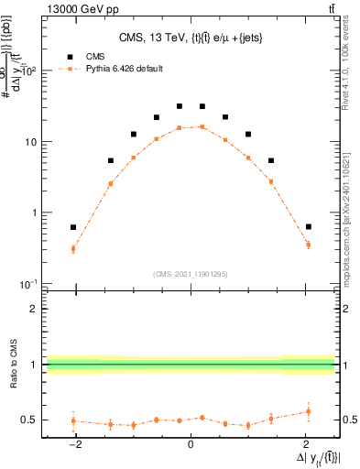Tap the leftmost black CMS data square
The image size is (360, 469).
tap(73, 227)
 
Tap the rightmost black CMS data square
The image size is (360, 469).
tap(309, 226)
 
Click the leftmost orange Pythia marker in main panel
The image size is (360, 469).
tap(73, 248)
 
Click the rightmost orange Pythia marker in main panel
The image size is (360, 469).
tap(309, 245)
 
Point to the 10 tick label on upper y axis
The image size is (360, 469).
tap(31, 142)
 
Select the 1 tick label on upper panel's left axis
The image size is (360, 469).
tap(35, 213)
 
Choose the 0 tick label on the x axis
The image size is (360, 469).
tap(191, 443)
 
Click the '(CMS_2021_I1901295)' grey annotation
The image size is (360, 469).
tap(191, 273)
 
